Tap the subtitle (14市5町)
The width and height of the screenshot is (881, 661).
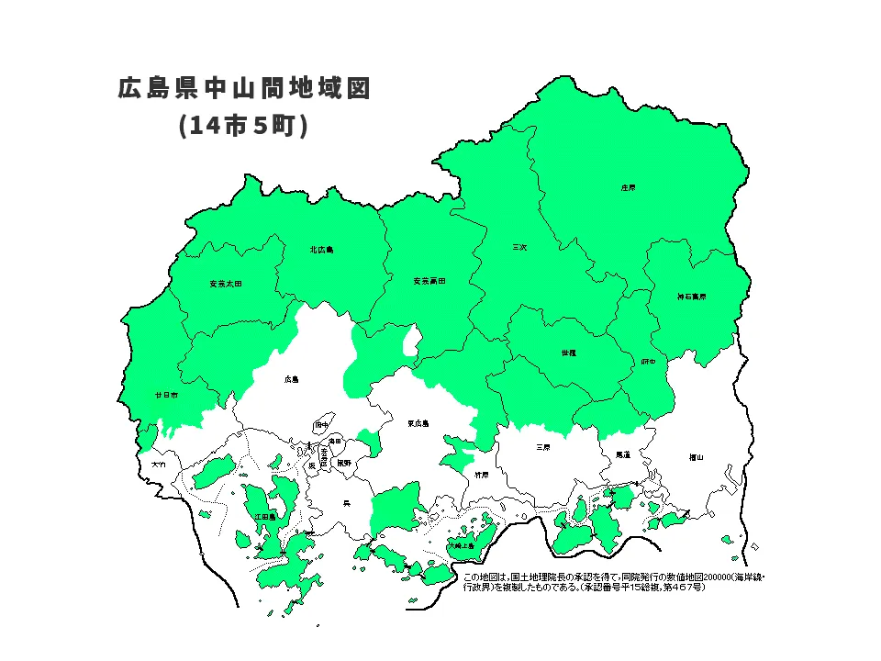[243, 126]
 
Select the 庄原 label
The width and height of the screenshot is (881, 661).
[628, 187]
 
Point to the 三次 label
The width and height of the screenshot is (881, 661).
[519, 247]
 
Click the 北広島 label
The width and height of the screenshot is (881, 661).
[321, 249]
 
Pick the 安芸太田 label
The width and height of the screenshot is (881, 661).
[226, 283]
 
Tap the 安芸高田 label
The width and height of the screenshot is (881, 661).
[429, 280]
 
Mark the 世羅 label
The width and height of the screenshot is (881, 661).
[568, 353]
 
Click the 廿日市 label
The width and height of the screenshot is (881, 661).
[166, 394]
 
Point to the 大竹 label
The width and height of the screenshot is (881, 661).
[160, 465]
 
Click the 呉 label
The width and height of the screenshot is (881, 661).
[346, 502]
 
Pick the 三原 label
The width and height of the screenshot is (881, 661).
[543, 447]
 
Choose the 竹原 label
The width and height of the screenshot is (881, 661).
[482, 475]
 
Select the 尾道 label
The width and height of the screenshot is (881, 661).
[623, 454]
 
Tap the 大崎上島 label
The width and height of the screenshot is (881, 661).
[461, 545]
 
